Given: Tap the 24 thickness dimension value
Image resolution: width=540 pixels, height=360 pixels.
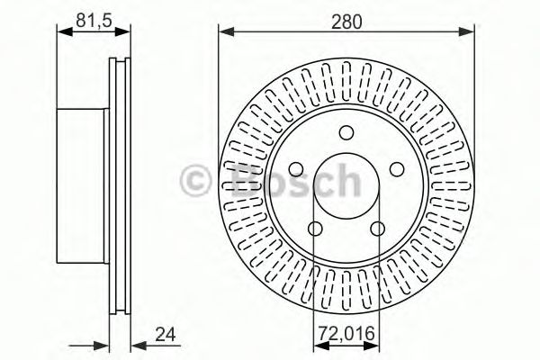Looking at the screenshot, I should pyautogui.click(x=164, y=338).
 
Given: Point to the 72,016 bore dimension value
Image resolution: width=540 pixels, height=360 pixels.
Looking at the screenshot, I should pyautogui.click(x=345, y=338).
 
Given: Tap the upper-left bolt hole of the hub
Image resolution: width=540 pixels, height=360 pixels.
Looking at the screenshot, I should pyautogui.click(x=294, y=169).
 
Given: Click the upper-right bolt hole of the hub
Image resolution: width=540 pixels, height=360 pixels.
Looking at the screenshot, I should pyautogui.click(x=397, y=169).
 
